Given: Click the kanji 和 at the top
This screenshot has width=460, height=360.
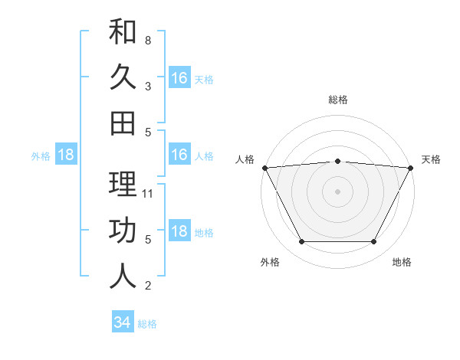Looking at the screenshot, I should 123,32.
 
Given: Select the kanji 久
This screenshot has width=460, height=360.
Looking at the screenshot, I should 123,77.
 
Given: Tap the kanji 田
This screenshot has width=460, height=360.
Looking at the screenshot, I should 123,123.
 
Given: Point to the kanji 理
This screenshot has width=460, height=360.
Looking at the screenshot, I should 123,185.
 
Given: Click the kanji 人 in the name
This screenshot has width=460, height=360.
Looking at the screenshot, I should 123,277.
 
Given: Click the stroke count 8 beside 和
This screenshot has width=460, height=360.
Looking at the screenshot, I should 148,40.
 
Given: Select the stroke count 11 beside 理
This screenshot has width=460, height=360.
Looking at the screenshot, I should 149,194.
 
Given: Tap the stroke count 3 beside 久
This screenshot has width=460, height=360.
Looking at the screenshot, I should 148,86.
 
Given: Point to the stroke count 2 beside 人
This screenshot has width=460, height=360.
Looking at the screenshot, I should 148,286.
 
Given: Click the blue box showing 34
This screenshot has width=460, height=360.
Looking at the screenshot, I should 122,322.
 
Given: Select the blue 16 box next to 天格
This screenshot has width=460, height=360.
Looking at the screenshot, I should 179,77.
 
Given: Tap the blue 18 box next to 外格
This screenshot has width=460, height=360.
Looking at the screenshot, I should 66,155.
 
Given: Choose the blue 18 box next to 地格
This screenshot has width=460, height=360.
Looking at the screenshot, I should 179,231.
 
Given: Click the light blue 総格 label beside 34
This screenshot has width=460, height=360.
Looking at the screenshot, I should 147,324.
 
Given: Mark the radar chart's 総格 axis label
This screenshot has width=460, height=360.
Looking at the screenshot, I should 337,100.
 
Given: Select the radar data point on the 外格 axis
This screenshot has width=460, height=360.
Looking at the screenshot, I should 301,242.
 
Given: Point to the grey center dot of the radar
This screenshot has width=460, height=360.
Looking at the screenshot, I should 337,191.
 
